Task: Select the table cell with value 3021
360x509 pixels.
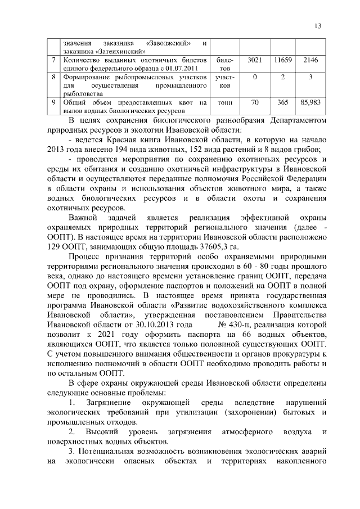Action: pyautogui.click(x=254, y=59)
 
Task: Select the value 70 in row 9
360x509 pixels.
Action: pyautogui.click(x=254, y=102)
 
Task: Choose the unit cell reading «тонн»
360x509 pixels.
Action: pyautogui.click(x=225, y=103)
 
